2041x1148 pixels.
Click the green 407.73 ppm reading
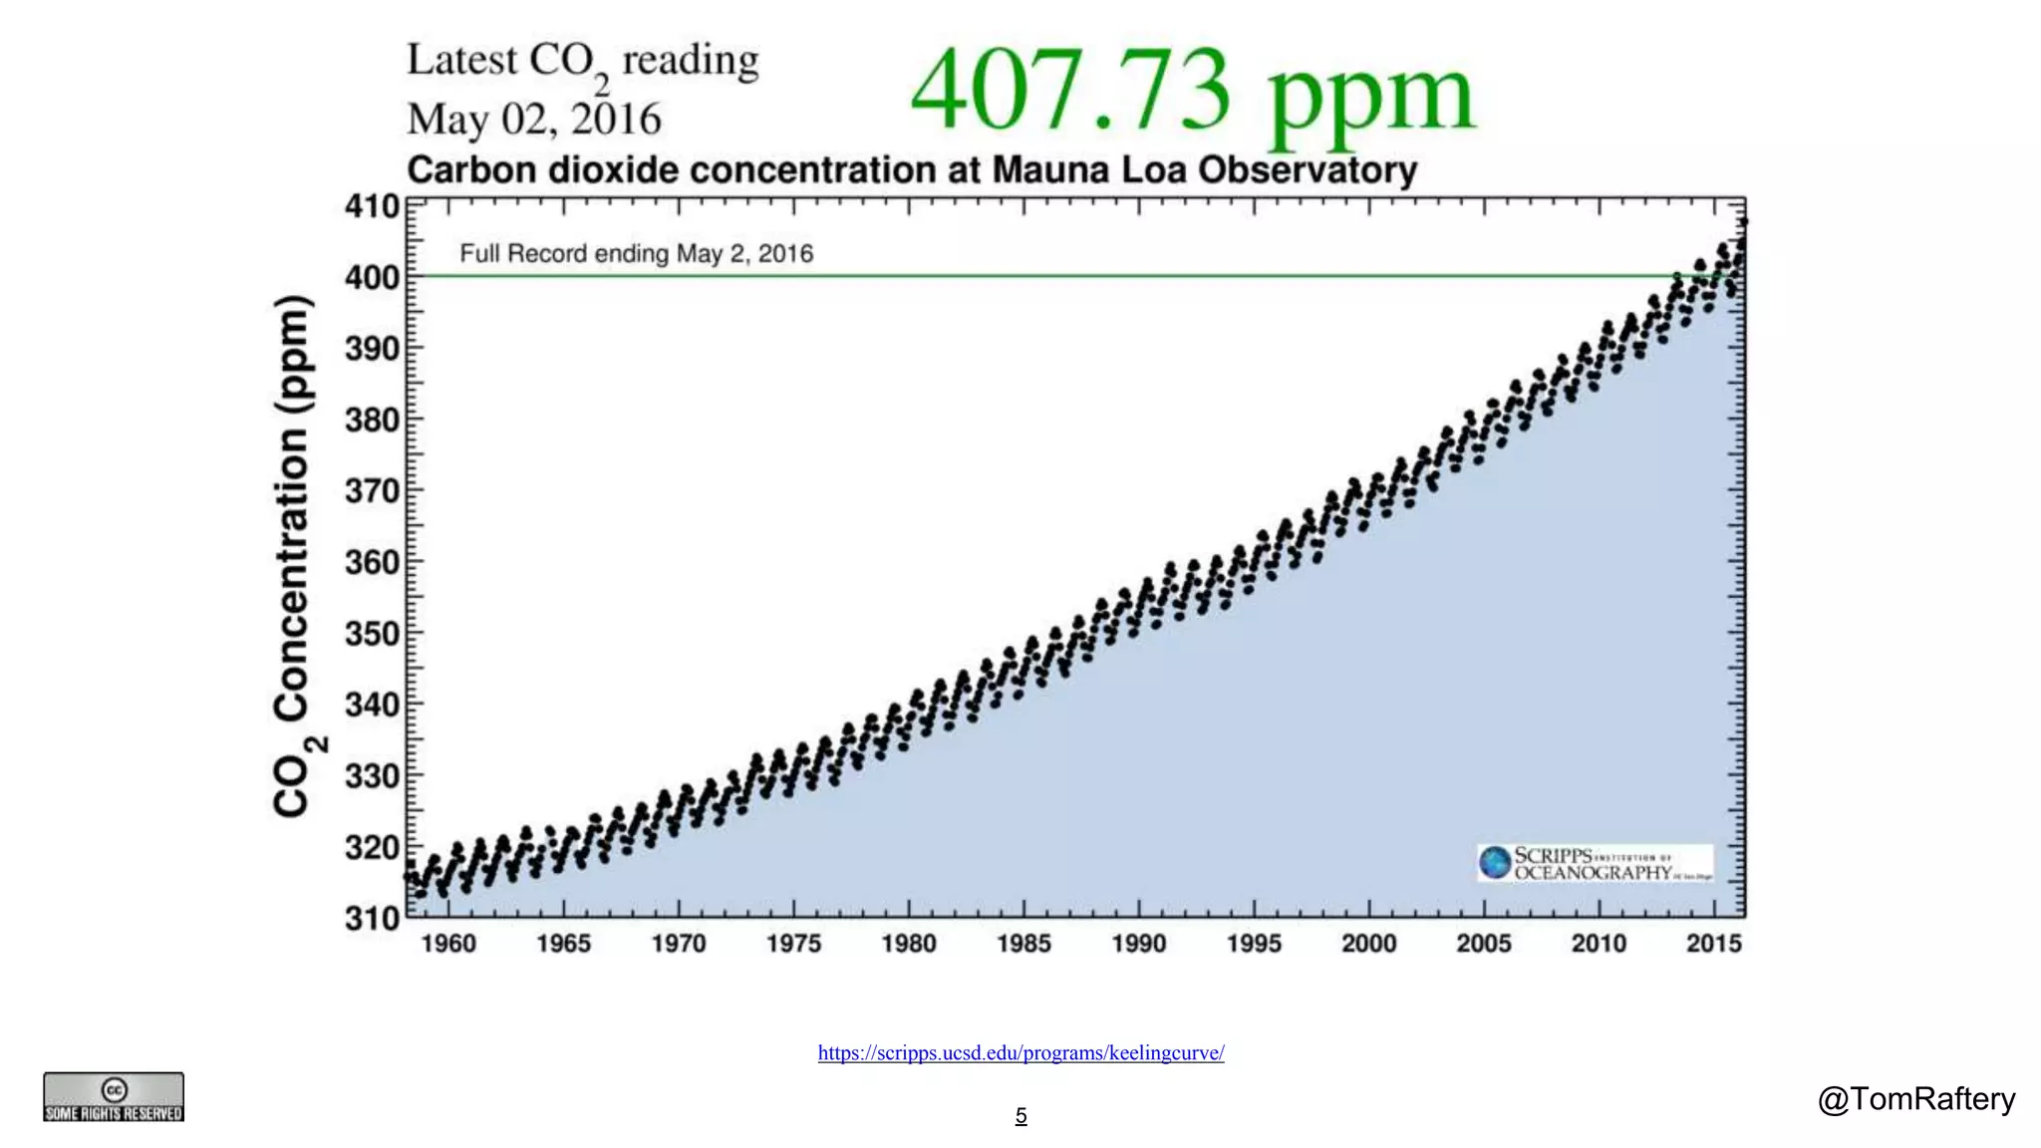[x=1192, y=92]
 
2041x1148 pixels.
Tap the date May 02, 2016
[x=533, y=120]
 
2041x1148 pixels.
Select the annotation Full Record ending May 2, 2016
[x=636, y=253]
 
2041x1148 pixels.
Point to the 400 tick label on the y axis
[x=372, y=277]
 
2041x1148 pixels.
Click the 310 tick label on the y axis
[x=372, y=918]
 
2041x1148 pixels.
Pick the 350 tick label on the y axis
[x=372, y=634]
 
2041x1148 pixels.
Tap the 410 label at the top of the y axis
[x=372, y=206]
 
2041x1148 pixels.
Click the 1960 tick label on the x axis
[x=448, y=943]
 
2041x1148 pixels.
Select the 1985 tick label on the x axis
[x=1023, y=943]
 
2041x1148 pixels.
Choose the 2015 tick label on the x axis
[x=1713, y=943]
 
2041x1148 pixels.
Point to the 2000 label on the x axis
[x=1368, y=943]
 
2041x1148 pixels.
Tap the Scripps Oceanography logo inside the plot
[x=1595, y=863]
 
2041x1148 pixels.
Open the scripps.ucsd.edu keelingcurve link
[x=1020, y=1052]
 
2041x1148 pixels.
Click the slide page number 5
[x=1020, y=1116]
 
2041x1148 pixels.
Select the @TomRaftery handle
[x=1915, y=1098]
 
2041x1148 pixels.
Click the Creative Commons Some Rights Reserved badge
[x=114, y=1097]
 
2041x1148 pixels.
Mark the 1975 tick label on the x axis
[x=793, y=943]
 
